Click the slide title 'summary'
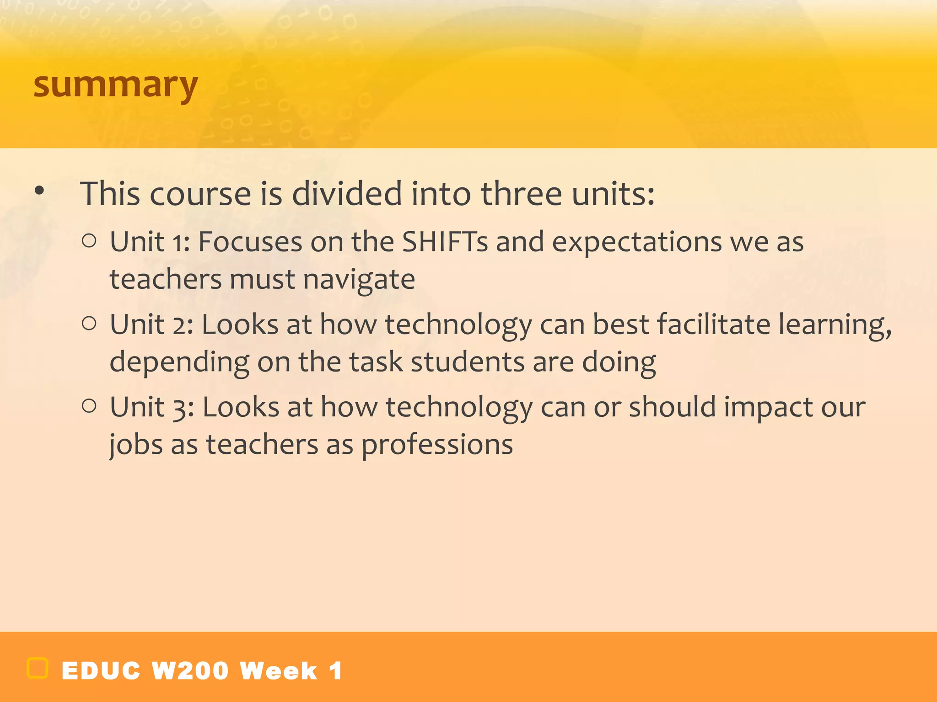point(115,85)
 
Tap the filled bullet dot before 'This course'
point(40,191)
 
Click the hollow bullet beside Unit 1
point(89,241)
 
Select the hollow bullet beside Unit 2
point(89,324)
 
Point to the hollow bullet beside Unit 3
point(89,406)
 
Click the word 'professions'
point(437,445)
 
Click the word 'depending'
point(179,362)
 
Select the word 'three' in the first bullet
point(521,194)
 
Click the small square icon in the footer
point(38,668)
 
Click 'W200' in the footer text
point(190,671)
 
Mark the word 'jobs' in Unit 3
point(136,445)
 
